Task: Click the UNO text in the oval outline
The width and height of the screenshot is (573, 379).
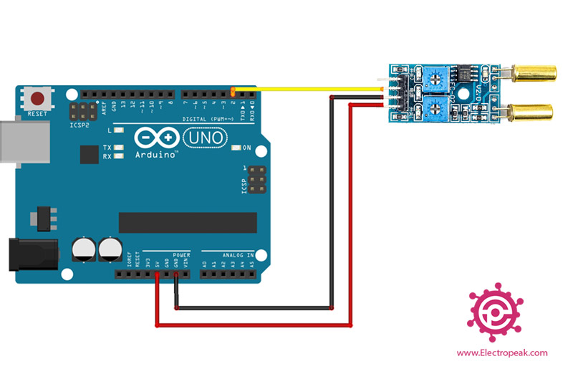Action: point(205,135)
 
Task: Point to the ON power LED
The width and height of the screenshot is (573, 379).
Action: point(236,148)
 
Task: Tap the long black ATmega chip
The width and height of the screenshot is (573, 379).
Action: point(187,222)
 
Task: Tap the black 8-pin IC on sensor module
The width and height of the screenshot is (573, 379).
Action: point(465,74)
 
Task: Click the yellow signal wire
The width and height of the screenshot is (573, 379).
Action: point(308,90)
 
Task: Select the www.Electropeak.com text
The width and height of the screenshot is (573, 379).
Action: point(501,352)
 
